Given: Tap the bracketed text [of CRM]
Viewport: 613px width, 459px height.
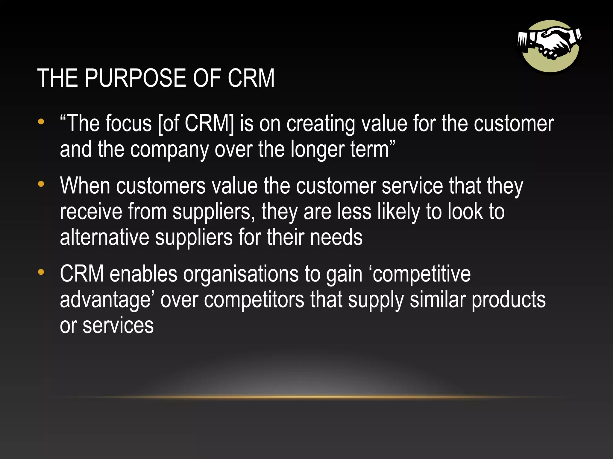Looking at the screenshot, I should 196,124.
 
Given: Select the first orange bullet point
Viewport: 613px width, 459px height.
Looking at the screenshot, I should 41,122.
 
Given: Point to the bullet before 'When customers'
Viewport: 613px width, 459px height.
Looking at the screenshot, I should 41,184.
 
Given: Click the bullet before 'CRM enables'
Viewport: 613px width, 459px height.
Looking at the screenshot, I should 41,272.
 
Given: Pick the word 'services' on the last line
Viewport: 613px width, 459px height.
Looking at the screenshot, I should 118,325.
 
